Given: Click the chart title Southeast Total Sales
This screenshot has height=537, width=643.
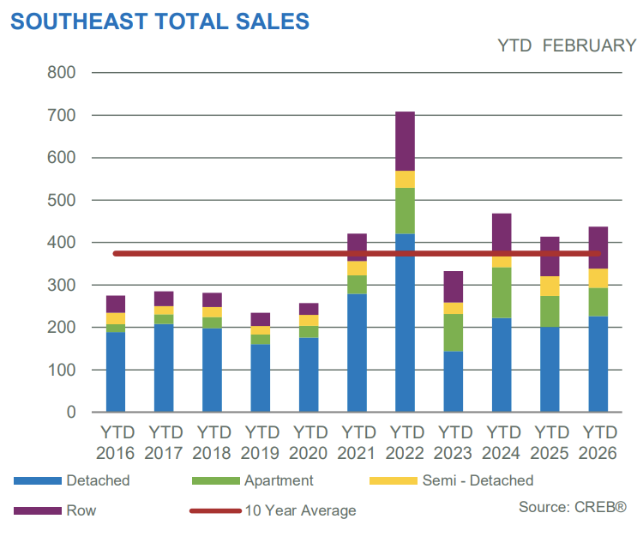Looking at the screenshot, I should click(160, 21).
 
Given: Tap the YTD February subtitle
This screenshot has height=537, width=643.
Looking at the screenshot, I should click(567, 46).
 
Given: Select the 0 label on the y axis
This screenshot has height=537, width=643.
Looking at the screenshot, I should click(71, 413).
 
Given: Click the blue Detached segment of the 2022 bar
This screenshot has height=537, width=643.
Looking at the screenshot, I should click(405, 323).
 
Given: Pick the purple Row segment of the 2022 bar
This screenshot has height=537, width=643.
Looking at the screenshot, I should click(405, 142).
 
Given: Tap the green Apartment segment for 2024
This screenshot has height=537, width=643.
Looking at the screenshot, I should click(502, 293).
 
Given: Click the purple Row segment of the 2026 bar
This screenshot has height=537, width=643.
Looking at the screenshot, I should click(598, 248).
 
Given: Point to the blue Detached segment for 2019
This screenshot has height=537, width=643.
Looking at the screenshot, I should click(261, 378).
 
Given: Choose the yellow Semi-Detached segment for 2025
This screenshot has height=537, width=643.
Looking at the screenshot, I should click(550, 287).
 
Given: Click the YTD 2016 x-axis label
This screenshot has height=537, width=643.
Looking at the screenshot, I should click(117, 441).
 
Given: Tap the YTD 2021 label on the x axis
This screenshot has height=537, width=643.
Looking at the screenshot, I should click(357, 441).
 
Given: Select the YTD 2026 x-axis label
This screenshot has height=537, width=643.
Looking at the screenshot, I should click(598, 441).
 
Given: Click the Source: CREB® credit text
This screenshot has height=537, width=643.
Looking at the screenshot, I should click(571, 507).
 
